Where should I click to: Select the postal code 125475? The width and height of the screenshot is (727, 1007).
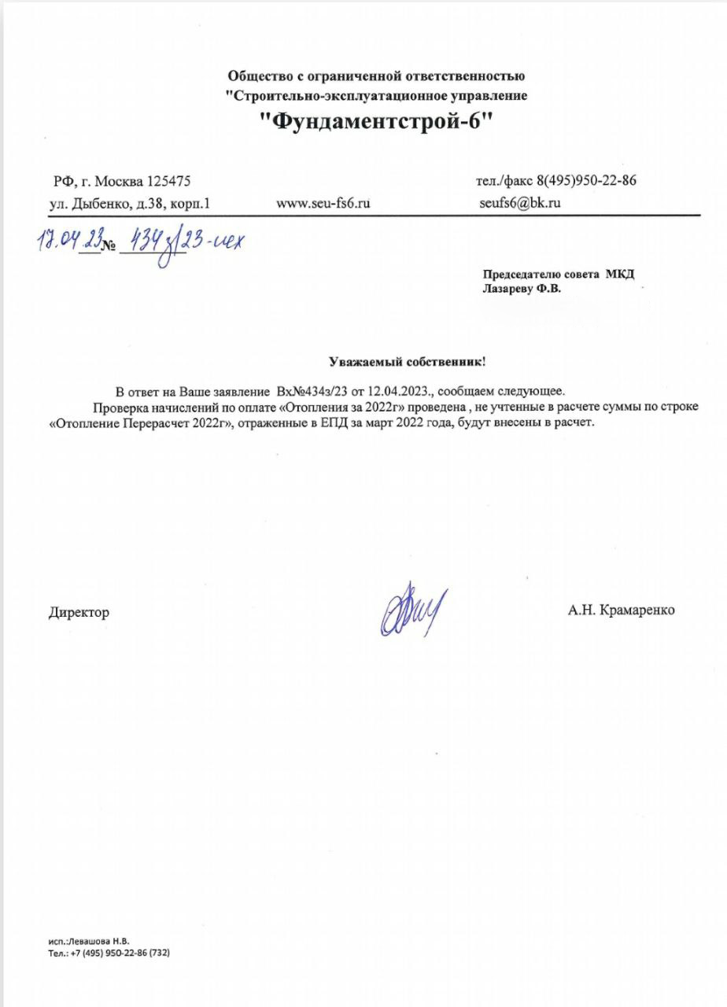point(164,182)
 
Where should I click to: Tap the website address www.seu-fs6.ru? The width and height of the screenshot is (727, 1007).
point(323,203)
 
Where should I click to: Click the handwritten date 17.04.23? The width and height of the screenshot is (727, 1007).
point(68,241)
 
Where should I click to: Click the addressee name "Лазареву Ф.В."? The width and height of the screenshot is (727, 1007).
point(521,288)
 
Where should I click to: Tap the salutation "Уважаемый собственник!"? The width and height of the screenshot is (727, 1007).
point(407,362)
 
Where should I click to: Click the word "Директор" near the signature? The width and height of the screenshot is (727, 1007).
point(79,612)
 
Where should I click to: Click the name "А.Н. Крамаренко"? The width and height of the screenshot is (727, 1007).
point(621,610)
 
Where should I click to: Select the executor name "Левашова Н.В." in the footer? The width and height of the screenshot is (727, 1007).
point(99,941)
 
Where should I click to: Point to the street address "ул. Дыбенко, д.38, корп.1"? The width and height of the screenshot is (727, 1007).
point(130,203)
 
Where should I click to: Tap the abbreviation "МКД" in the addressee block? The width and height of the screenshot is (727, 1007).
point(618,274)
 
